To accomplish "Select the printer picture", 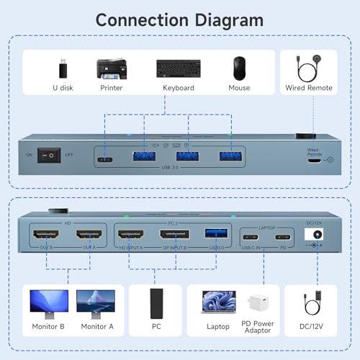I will [x=117, y=68].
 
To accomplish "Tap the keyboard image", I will [x=178, y=69].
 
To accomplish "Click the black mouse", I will [x=240, y=68].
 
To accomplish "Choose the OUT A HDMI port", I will [x=88, y=235].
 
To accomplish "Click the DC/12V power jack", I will [x=313, y=235].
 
